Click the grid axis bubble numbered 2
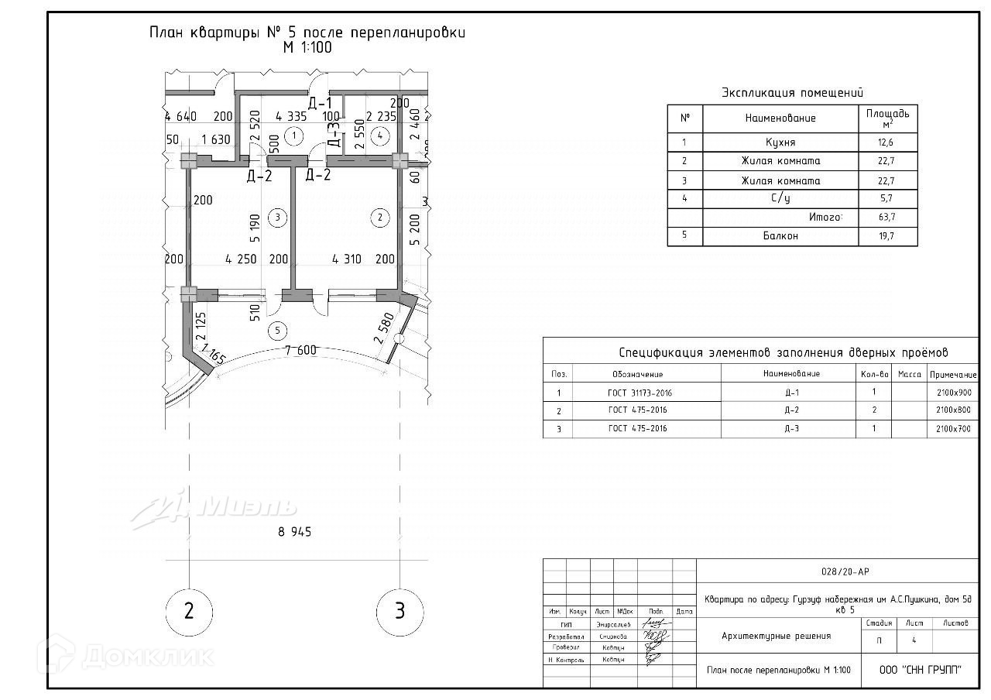[x=189, y=611]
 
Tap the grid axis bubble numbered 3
[x=399, y=611]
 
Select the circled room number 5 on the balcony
[x=276, y=331]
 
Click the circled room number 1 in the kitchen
[x=292, y=136]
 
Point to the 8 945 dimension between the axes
[x=295, y=532]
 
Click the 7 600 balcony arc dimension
[x=300, y=350]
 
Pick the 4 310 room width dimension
[x=346, y=259]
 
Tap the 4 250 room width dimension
[x=241, y=259]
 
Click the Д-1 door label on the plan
[x=320, y=103]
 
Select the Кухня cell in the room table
[x=780, y=142]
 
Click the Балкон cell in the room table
[x=780, y=236]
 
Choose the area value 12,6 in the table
[x=887, y=142]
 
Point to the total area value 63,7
[x=887, y=218]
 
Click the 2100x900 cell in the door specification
[x=953, y=392]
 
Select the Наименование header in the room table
[x=780, y=118]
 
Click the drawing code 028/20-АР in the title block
[x=845, y=571]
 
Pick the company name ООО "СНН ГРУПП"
[x=921, y=670]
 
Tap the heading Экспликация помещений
[x=792, y=93]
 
